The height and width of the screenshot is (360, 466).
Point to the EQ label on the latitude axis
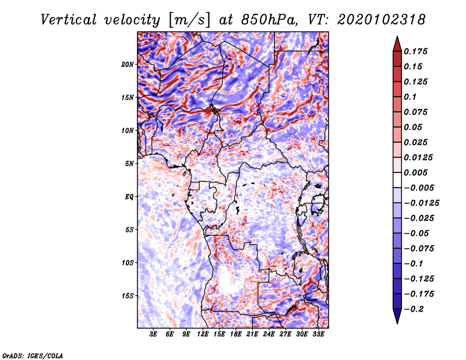point(129,196)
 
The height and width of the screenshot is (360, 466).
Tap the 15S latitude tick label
point(128,295)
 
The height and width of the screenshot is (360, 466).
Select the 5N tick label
point(129,163)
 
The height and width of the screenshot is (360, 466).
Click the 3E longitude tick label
point(153,334)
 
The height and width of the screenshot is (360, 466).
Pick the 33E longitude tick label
point(319,334)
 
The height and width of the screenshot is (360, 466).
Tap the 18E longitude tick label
point(236,334)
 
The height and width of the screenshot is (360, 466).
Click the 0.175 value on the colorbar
point(416,51)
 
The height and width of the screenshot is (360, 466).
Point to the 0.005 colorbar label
point(416,172)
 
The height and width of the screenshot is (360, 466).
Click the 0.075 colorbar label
point(416,112)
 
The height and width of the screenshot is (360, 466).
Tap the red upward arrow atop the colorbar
point(396,42)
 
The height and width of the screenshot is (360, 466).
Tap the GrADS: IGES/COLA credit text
point(33,354)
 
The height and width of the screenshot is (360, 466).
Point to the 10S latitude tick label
point(128,263)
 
